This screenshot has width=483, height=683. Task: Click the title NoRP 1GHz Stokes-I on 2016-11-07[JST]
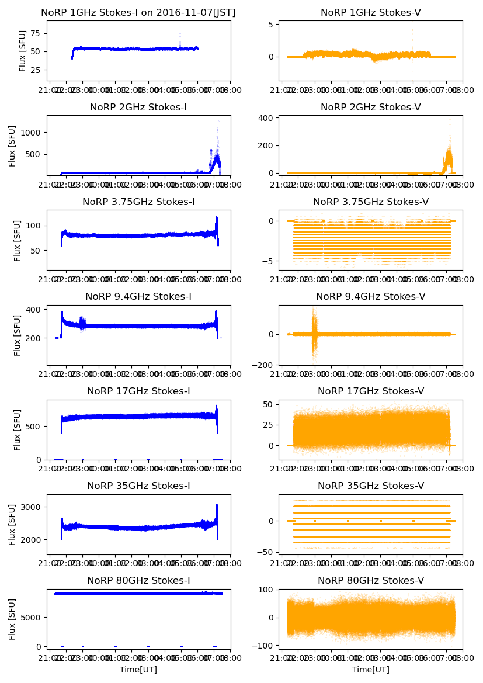pyautogui.click(x=138, y=13)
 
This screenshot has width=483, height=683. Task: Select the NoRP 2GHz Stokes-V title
pyautogui.click(x=370, y=108)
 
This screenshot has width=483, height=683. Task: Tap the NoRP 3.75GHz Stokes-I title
pyautogui.click(x=138, y=202)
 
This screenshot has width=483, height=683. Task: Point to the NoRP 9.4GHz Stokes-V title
pyautogui.click(x=370, y=297)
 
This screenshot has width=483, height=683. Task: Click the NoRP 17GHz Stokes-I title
pyautogui.click(x=138, y=391)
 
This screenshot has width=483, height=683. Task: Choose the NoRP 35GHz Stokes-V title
pyautogui.click(x=370, y=486)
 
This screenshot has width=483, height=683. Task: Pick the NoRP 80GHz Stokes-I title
pyautogui.click(x=138, y=581)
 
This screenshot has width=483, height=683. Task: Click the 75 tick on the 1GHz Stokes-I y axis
pyautogui.click(x=37, y=34)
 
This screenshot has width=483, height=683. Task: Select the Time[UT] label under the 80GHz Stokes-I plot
pyautogui.click(x=138, y=670)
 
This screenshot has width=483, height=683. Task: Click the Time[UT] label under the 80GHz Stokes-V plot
pyautogui.click(x=370, y=670)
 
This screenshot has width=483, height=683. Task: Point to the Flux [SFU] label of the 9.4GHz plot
pyautogui.click(x=18, y=335)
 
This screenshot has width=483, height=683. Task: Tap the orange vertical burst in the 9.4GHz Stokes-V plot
pyautogui.click(x=314, y=333)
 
